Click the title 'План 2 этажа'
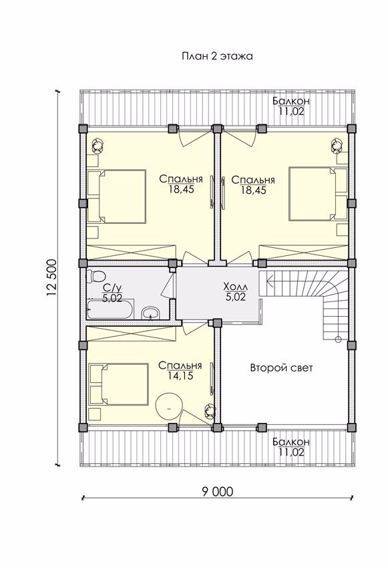217,56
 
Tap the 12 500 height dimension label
51,278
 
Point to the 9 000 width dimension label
217,492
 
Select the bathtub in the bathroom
110,309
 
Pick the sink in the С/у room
150,313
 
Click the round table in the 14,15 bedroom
169,406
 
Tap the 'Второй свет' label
281,368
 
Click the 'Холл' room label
236,287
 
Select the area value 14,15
180,376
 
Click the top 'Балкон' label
291,101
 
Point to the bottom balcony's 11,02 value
291,452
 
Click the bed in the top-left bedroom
117,196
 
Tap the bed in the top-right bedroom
318,193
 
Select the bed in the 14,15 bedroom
119,384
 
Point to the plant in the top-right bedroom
337,145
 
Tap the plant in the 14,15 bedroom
210,411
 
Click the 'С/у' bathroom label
112,288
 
